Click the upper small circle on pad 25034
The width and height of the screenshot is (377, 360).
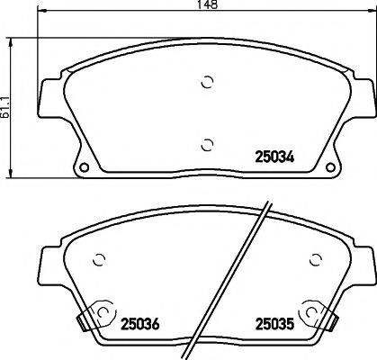pos(206,82)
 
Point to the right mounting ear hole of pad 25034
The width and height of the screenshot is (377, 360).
pos(335,167)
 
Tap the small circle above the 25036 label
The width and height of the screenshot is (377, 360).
pos(101,260)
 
